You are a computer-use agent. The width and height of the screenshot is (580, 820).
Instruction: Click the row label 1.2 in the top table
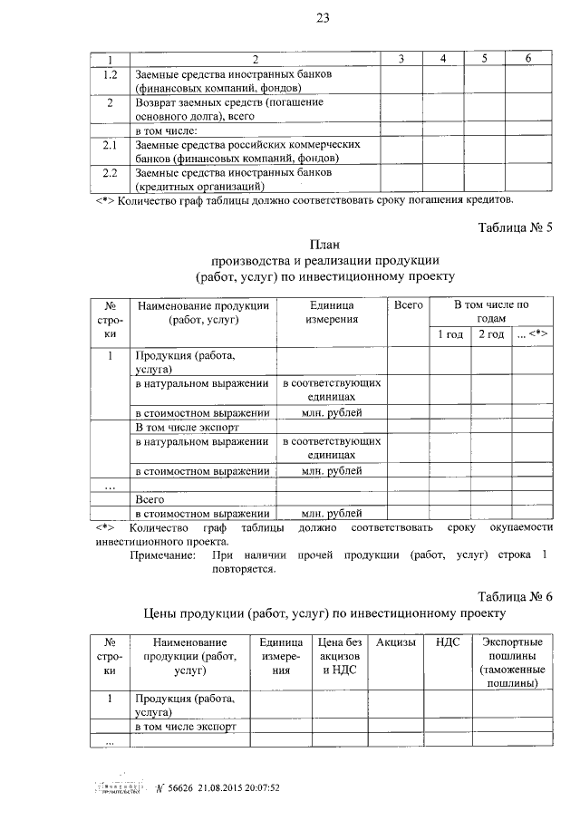click(x=111, y=73)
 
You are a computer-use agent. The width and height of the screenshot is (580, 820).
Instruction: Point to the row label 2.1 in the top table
click(x=111, y=144)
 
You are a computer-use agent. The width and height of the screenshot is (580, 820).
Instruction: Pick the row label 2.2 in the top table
click(x=111, y=171)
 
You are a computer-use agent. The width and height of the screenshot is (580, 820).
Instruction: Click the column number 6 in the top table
click(x=527, y=58)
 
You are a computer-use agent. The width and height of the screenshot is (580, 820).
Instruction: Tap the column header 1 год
click(x=449, y=334)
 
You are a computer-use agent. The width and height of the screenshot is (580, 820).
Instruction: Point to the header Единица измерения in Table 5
click(x=332, y=313)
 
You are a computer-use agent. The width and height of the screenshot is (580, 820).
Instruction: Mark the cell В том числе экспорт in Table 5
click(x=178, y=426)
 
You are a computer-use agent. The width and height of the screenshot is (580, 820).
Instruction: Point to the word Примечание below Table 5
click(x=161, y=554)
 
